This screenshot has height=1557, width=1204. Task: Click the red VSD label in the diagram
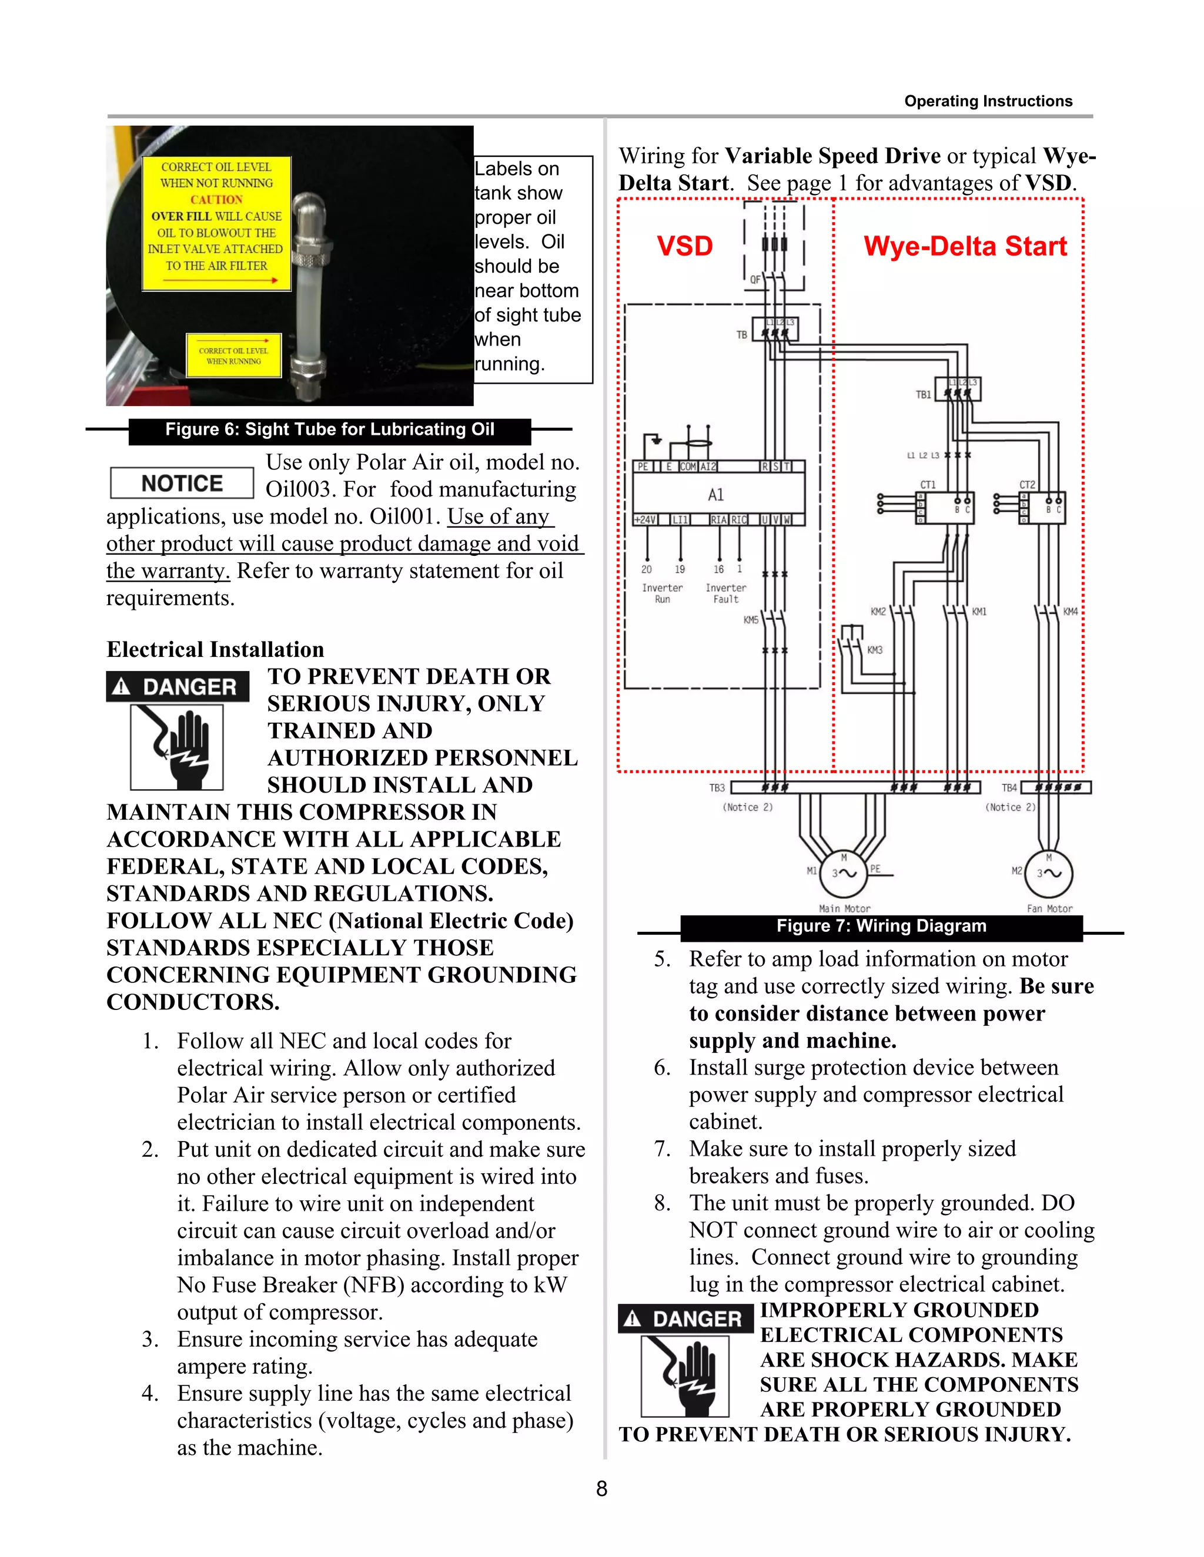point(684,246)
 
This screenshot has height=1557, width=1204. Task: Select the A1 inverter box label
point(715,494)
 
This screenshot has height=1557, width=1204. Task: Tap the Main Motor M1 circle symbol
point(844,873)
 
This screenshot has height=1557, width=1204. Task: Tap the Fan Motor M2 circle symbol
point(1049,873)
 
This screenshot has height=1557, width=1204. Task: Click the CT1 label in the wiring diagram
point(927,485)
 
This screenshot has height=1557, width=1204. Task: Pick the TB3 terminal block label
point(717,788)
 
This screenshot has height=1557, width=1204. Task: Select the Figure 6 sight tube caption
point(330,429)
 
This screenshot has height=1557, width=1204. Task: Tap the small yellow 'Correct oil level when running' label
point(234,355)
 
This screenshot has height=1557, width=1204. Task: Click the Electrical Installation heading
point(215,649)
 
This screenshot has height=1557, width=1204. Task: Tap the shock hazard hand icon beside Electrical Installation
point(177,746)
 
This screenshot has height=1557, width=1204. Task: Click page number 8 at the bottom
point(601,1489)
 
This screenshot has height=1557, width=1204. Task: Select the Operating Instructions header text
point(988,101)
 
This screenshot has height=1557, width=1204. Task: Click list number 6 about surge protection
point(662,1067)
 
